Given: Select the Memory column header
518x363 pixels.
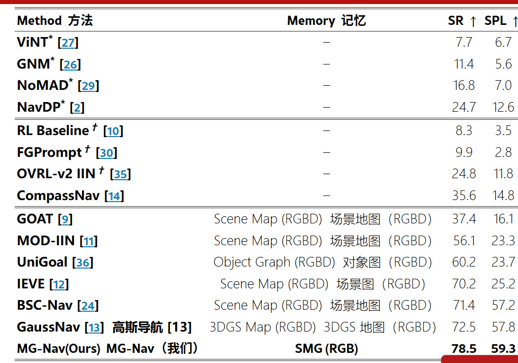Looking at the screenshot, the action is pos(311,21).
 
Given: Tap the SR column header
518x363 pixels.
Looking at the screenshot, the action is pos(456,21).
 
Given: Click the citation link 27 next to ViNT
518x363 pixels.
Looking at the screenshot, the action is pos(68,43).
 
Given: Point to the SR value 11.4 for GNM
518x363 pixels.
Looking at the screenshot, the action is pos(464,64).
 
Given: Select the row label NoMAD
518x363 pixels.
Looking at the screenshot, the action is pos(43,86).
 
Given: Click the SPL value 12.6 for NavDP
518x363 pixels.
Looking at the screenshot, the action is pos(503,107).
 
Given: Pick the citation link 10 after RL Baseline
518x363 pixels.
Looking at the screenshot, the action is pos(113,131).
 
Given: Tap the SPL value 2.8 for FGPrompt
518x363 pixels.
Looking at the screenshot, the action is pos(503,152).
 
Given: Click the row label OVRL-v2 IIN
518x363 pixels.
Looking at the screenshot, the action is pos(56,174).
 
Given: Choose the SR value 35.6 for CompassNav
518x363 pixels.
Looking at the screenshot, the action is pos(464,195).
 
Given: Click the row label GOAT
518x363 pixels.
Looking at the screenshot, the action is pos(35,219).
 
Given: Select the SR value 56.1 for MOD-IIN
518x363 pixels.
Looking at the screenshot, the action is pos(464,241).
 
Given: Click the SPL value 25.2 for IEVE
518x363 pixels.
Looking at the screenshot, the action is pos(503,284).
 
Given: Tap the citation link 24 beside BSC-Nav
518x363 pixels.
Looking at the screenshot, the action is pos(88,306).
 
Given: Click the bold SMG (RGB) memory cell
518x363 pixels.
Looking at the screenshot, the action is pos(326,349).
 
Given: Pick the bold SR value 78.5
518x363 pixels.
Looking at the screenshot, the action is pos(464,349).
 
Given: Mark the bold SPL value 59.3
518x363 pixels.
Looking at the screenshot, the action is pos(503,349).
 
